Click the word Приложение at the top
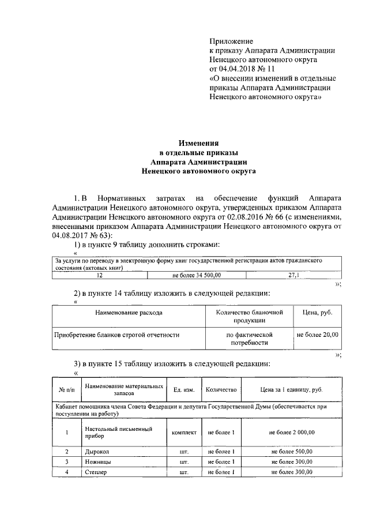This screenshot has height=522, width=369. (231, 42)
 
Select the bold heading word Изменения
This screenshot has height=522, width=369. (198, 143)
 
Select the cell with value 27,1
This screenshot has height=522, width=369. (294, 275)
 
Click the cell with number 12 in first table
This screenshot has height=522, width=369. (100, 275)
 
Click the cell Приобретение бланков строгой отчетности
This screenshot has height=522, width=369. (117, 335)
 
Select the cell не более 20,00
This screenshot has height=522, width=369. (317, 335)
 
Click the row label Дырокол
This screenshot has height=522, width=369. (96, 452)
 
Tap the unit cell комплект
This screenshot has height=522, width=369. (184, 432)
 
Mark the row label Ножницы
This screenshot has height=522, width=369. (98, 462)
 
